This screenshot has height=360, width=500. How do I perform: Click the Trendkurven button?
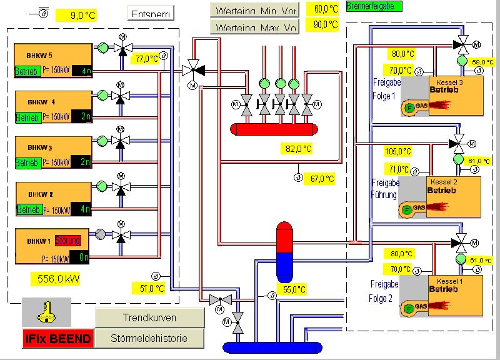tap(149, 317)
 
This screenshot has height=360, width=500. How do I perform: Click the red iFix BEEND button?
tap(57, 339)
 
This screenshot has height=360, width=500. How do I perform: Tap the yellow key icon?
tap(46, 311)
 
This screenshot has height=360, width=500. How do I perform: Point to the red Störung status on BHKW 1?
tap(67, 240)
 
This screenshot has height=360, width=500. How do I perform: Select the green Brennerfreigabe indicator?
tap(374, 6)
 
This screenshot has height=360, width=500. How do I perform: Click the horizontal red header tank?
tap(272, 129)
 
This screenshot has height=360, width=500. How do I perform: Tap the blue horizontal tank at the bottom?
tap(272, 347)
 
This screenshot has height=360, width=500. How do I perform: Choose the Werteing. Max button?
tap(255, 26)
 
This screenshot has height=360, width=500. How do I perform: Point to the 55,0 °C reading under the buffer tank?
tap(293, 289)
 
